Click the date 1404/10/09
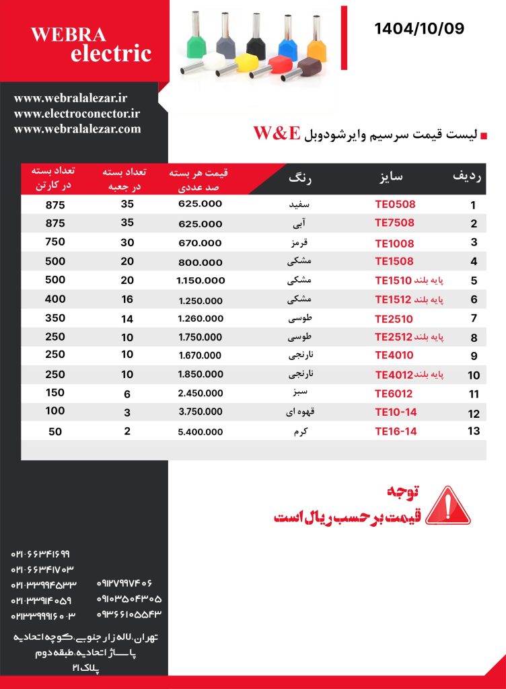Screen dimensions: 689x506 (419, 28)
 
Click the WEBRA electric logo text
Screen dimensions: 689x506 (91, 44)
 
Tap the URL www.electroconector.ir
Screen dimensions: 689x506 (77, 114)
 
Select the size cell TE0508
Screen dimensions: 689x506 (394, 205)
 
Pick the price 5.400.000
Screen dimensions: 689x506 (201, 431)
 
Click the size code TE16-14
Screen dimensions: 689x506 (396, 431)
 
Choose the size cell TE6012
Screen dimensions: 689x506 (394, 394)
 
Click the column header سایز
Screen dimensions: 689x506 (391, 177)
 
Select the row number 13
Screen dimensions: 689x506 (474, 431)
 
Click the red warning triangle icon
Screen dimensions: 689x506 (448, 505)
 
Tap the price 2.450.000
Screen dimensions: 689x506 (201, 394)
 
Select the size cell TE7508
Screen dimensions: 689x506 (394, 223)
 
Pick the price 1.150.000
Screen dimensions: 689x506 (201, 281)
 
